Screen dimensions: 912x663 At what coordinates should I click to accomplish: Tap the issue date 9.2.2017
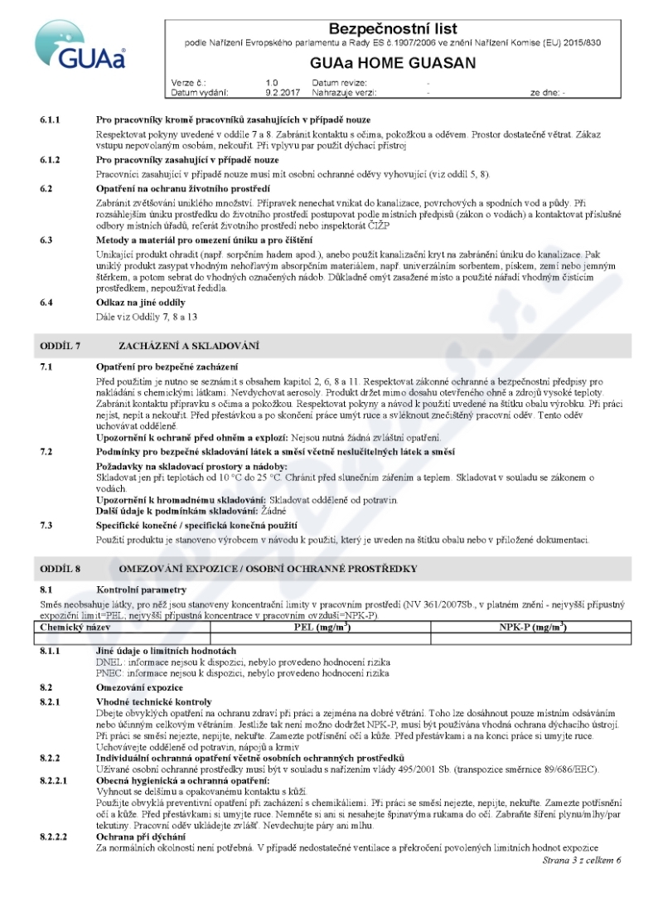(278, 93)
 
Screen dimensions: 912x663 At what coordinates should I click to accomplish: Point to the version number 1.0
(272, 83)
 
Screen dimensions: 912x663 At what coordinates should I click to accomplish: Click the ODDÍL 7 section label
(60, 344)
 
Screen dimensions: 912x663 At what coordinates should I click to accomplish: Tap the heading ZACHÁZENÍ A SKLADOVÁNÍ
(189, 344)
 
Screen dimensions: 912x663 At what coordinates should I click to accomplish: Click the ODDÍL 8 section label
(60, 568)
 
